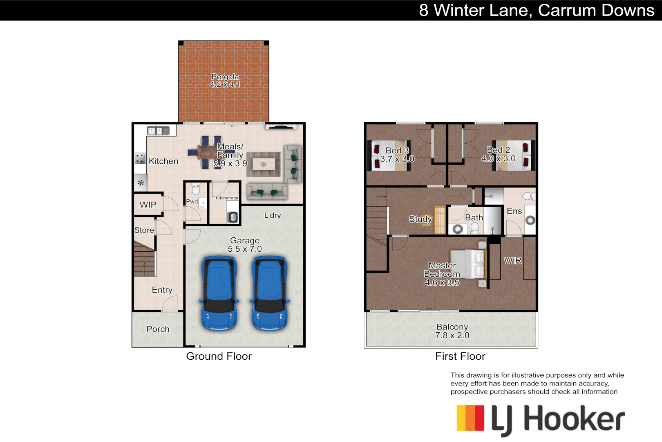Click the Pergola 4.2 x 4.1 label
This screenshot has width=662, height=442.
[x=225, y=81]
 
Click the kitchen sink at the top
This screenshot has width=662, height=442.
[x=158, y=131]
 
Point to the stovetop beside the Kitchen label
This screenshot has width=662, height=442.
[x=140, y=158]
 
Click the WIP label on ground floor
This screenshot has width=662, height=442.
[x=148, y=205]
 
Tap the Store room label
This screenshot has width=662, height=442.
[x=144, y=230]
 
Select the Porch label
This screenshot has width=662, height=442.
[x=158, y=329]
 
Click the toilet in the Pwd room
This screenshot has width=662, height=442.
[x=196, y=189]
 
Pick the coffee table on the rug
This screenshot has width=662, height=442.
[x=264, y=165]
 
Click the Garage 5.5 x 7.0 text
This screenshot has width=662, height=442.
[x=245, y=245]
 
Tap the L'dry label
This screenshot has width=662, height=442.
[x=272, y=215]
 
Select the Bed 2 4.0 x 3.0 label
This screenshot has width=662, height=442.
[x=498, y=154]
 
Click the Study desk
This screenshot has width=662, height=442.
[x=439, y=220]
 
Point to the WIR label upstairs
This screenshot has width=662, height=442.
[x=512, y=261]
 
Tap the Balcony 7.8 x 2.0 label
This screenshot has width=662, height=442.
[x=452, y=331]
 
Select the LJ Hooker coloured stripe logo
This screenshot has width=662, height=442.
[x=470, y=418]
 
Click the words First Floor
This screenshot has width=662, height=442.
[x=460, y=356]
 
